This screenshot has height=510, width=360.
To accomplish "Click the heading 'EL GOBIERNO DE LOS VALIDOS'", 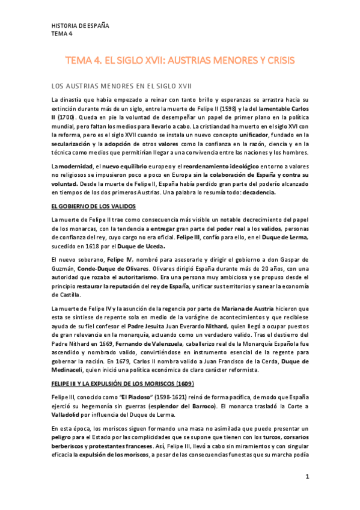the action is [x=90, y=206].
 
